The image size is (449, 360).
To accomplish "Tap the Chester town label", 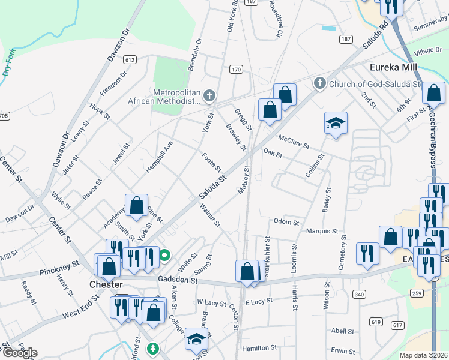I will pyautogui.click(x=106, y=284).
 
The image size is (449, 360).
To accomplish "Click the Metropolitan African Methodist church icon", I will pyautogui.click(x=209, y=95).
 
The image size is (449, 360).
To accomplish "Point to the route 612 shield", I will pyautogui.click(x=130, y=60).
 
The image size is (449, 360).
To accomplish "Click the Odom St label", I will pyautogui.click(x=286, y=222).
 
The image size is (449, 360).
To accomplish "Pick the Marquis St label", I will pyautogui.click(x=322, y=231).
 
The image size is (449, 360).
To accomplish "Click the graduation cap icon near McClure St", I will pyautogui.click(x=336, y=124).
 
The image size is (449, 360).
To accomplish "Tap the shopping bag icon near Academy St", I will pyautogui.click(x=137, y=205).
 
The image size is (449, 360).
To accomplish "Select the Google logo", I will pyautogui.click(x=19, y=353).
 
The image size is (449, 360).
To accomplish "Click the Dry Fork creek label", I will pyautogui.click(x=8, y=61).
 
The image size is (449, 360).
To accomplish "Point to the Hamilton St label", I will pyautogui.click(x=259, y=348).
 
